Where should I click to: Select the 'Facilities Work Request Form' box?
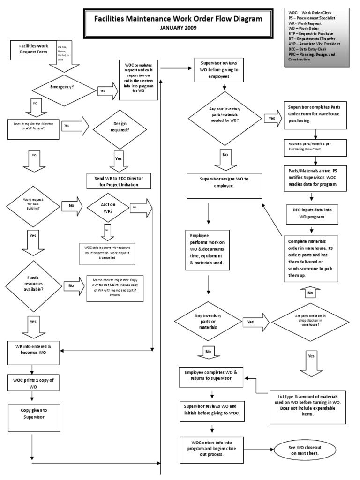33,50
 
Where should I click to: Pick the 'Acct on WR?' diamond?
108,207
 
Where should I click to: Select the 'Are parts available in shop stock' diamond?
311,322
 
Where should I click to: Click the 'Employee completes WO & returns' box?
211,378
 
